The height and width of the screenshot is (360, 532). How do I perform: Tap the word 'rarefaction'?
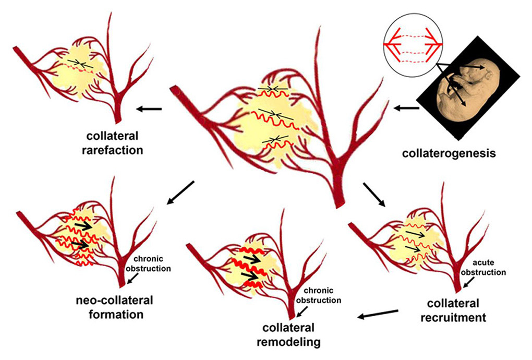pos(116,150)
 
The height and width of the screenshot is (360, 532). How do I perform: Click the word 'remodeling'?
pos(292,342)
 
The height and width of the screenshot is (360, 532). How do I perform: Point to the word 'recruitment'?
pos(456,317)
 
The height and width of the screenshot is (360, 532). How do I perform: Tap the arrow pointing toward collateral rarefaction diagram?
pos(148,109)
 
